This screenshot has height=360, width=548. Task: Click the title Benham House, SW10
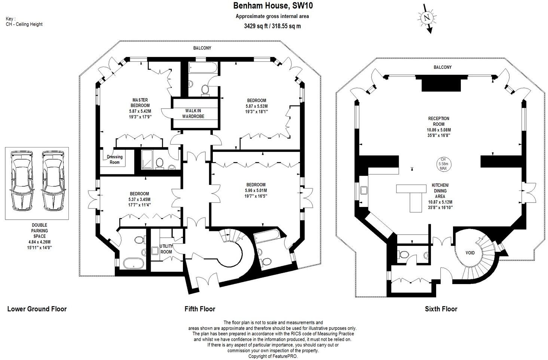click(273, 6)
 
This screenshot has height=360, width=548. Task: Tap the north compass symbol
click(426, 18)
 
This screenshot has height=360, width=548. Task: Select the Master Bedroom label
click(140, 103)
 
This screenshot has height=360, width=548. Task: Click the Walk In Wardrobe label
click(193, 113)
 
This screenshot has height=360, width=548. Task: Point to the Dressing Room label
click(114, 159)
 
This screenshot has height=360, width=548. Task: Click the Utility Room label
click(166, 249)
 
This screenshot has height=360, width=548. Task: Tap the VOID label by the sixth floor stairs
click(470, 253)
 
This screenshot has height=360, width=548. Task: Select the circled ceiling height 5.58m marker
click(443, 164)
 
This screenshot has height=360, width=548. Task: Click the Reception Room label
click(438, 121)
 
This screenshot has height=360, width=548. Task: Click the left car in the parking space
click(21, 181)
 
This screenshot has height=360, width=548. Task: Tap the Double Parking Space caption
click(40, 231)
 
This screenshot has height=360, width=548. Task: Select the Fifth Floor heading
click(200, 309)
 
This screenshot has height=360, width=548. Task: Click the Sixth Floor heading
click(441, 309)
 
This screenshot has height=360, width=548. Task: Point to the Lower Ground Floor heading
click(37, 309)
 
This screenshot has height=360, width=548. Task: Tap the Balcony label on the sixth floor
click(443, 67)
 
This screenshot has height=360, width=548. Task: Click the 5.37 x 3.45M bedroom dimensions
click(140, 199)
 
